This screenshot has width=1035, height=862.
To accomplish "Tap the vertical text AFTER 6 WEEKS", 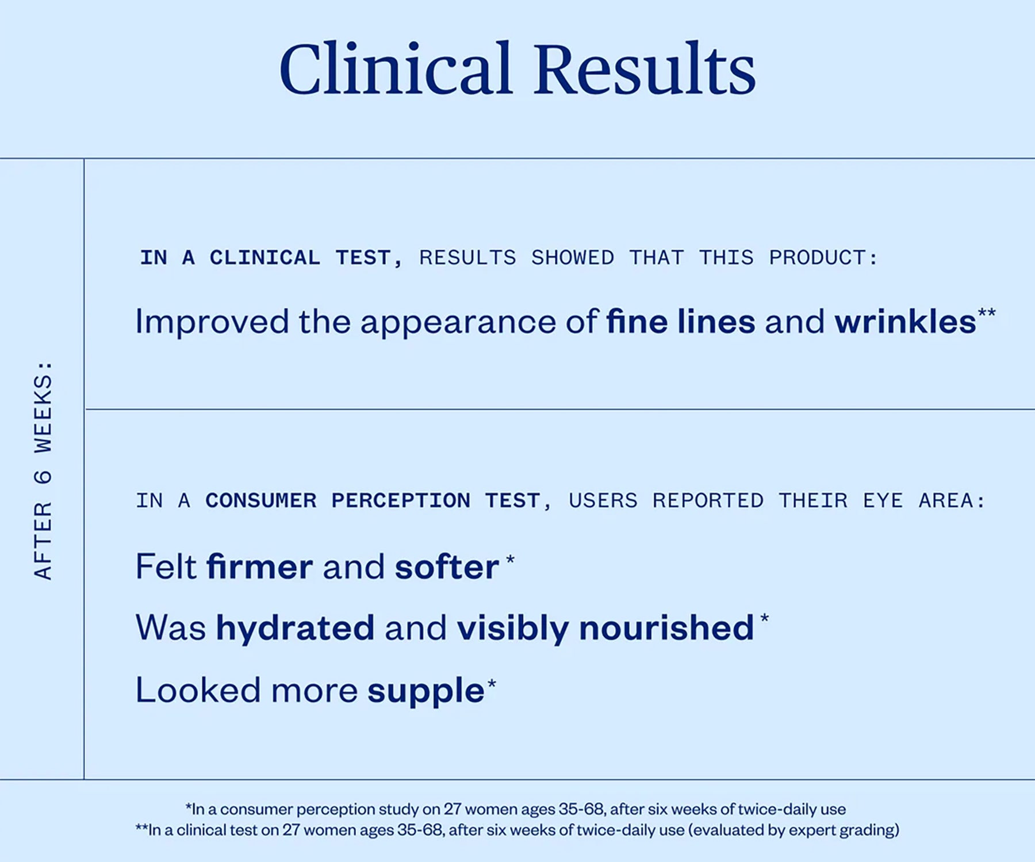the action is [44, 470].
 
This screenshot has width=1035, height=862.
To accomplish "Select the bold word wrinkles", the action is [905, 321].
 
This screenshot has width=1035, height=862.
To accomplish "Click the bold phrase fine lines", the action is [680, 321].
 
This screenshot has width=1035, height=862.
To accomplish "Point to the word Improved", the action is [212, 322].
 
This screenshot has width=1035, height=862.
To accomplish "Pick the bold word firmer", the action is [260, 567].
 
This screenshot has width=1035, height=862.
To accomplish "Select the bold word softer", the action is [447, 567].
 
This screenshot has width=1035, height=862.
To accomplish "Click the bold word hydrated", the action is [296, 628].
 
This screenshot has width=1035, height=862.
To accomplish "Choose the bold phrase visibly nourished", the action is [605, 628].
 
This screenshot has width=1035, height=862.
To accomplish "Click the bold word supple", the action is [426, 691].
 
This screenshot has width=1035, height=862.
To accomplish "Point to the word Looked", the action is [198, 690].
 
